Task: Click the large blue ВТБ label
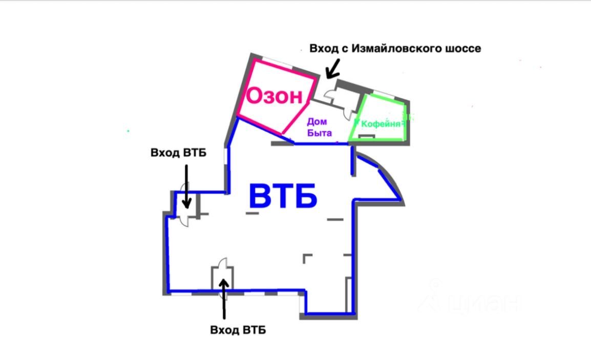tap(283, 196)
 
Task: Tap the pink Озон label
tap(274, 96)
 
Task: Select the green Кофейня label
tap(380, 124)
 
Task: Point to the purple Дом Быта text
tap(320, 127)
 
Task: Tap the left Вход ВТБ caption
tap(178, 153)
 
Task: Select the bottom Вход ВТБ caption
tap(238, 330)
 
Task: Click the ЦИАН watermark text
tap(484, 303)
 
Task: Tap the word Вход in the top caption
tap(324, 49)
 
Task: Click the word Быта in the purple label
tap(320, 133)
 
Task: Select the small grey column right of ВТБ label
tap(335, 219)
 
